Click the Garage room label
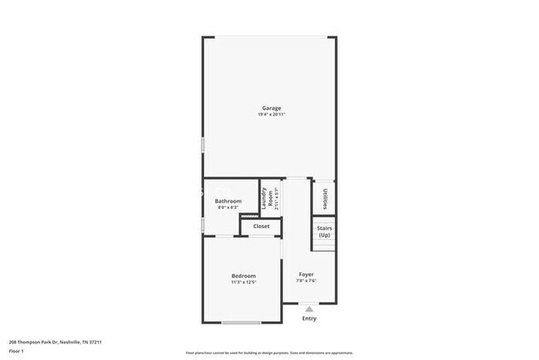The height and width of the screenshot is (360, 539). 271,108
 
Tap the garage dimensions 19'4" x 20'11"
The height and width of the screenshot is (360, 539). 271,114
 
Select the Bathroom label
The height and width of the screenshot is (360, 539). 228,202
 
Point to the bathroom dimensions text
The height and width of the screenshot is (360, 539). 228,207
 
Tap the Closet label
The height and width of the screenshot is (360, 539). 261,226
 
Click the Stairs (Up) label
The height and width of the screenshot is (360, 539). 323,231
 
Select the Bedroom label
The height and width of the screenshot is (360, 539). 243,275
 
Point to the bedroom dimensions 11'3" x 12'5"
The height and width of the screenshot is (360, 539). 243,282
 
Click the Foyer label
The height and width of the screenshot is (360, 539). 306,274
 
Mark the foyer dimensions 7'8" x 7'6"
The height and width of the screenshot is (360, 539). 306,280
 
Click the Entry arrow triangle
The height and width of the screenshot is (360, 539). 309,308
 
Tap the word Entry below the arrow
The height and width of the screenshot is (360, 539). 309,319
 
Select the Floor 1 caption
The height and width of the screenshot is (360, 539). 17,351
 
